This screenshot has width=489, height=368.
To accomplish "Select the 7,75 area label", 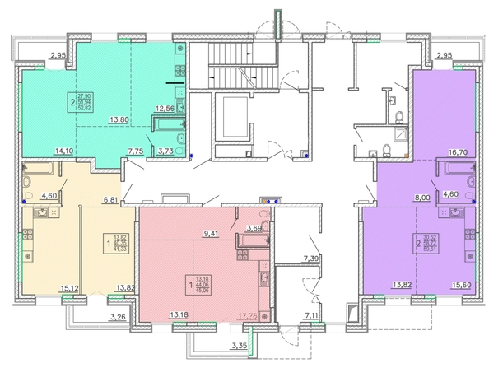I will [x=137, y=151].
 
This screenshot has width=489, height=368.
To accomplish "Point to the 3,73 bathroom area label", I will [x=165, y=151].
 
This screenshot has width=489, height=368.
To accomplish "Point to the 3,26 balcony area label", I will [x=119, y=315].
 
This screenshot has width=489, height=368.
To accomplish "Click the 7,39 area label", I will [x=311, y=259].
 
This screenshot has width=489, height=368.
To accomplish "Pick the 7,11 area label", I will [x=311, y=314].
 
